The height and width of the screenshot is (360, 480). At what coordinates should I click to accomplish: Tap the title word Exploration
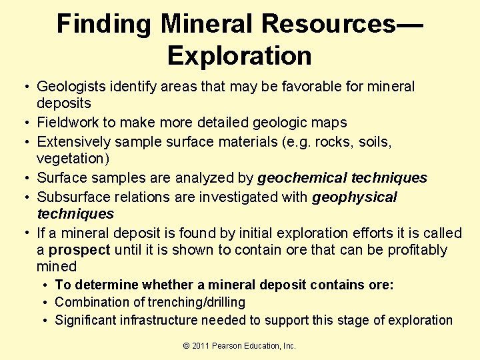point(240,56)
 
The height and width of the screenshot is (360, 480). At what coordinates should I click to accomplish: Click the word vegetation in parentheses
point(69,159)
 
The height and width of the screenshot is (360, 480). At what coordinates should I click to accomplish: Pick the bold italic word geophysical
point(355,197)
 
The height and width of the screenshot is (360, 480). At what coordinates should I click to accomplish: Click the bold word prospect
point(79,250)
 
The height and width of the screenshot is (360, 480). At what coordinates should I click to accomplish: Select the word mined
point(57,267)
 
